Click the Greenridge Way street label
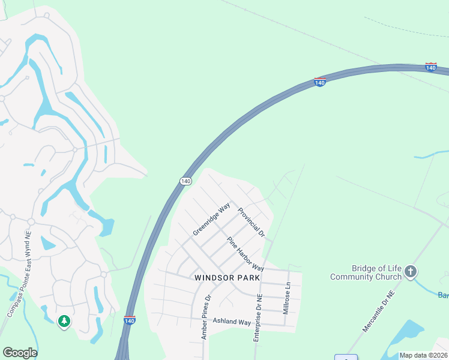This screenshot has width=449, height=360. point(211,219)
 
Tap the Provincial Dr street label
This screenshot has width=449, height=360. point(251,221)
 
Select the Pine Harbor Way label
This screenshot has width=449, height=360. point(245,254)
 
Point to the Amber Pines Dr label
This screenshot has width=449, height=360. point(206,317)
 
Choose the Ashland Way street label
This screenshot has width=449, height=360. point(232,322)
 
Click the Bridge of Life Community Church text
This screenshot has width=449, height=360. point(366,272)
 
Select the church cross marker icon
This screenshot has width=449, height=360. point(411,272)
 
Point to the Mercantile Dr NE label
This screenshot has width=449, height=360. point(379,311)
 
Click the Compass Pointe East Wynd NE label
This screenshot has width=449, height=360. point(19,275)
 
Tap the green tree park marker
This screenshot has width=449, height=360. point(64,322)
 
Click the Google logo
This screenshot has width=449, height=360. point(20,353)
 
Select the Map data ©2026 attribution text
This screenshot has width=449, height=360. point(423,355)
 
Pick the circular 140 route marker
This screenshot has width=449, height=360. point(185,181)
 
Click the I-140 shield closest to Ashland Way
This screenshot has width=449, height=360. point(130,320)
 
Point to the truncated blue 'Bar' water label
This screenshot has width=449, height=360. point(443,295)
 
